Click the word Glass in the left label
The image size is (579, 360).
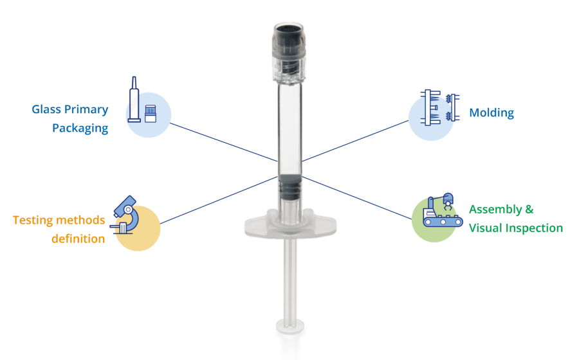pos(46,109)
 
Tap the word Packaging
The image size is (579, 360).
pos(80,129)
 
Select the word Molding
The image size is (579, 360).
pos(492,113)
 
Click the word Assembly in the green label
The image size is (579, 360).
pos(495,210)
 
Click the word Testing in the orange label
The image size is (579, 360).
pos(33,221)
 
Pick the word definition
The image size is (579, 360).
pos(78,239)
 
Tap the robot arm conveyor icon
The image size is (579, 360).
pos(443,210)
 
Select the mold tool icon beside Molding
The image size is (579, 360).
pos(440,107)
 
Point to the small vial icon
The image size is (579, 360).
pos(151,114)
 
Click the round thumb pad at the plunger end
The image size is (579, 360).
pos(290,327)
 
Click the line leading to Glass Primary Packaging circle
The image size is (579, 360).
pos(224,142)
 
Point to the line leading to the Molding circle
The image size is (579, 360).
pos(355,141)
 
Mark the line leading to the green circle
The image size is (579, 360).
pos(357,198)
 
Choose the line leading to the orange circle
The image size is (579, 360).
pos(219,201)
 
